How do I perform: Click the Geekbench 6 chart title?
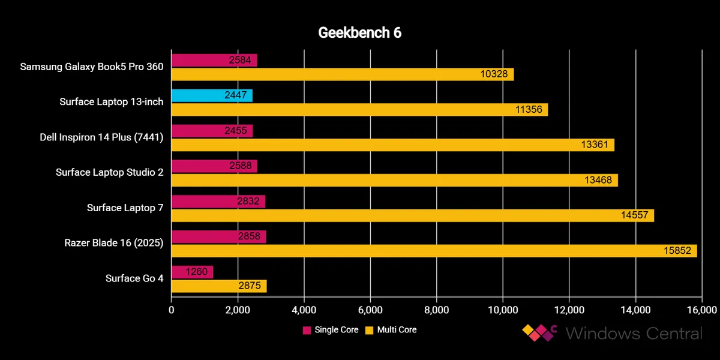359,33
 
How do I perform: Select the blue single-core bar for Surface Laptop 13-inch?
212,95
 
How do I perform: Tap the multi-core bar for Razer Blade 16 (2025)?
434,251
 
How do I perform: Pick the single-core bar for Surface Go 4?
192,272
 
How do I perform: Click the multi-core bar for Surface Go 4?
219,286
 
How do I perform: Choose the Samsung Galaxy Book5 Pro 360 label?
92,67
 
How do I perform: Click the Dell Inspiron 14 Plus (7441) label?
101,137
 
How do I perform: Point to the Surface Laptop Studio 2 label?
109,173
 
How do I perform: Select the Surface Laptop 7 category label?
125,208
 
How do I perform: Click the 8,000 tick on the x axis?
436,310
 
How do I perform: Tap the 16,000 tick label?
701,310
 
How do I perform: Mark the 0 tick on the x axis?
172,310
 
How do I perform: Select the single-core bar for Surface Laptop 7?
218,202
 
